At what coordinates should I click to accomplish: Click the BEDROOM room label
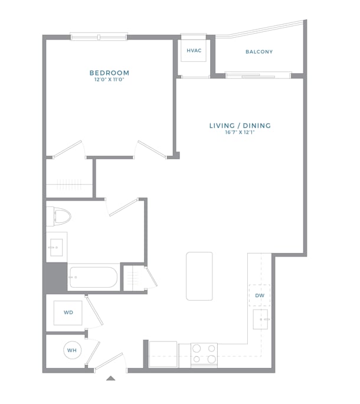click(x=109, y=73)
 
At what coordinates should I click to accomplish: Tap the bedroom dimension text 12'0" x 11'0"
click(x=109, y=80)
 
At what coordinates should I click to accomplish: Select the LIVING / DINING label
click(x=240, y=126)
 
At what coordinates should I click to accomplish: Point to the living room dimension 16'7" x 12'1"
click(x=240, y=133)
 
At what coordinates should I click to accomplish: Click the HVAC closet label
click(x=194, y=51)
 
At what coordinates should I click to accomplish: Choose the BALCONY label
click(x=259, y=52)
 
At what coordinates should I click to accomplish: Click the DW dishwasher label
click(x=260, y=295)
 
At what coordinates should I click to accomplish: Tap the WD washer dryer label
click(x=68, y=313)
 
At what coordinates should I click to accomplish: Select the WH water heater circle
click(x=72, y=350)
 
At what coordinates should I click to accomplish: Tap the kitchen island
click(x=199, y=276)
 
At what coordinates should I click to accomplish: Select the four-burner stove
click(x=204, y=354)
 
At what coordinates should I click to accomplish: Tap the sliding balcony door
click(x=258, y=75)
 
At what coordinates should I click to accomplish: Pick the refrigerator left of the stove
click(x=163, y=354)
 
